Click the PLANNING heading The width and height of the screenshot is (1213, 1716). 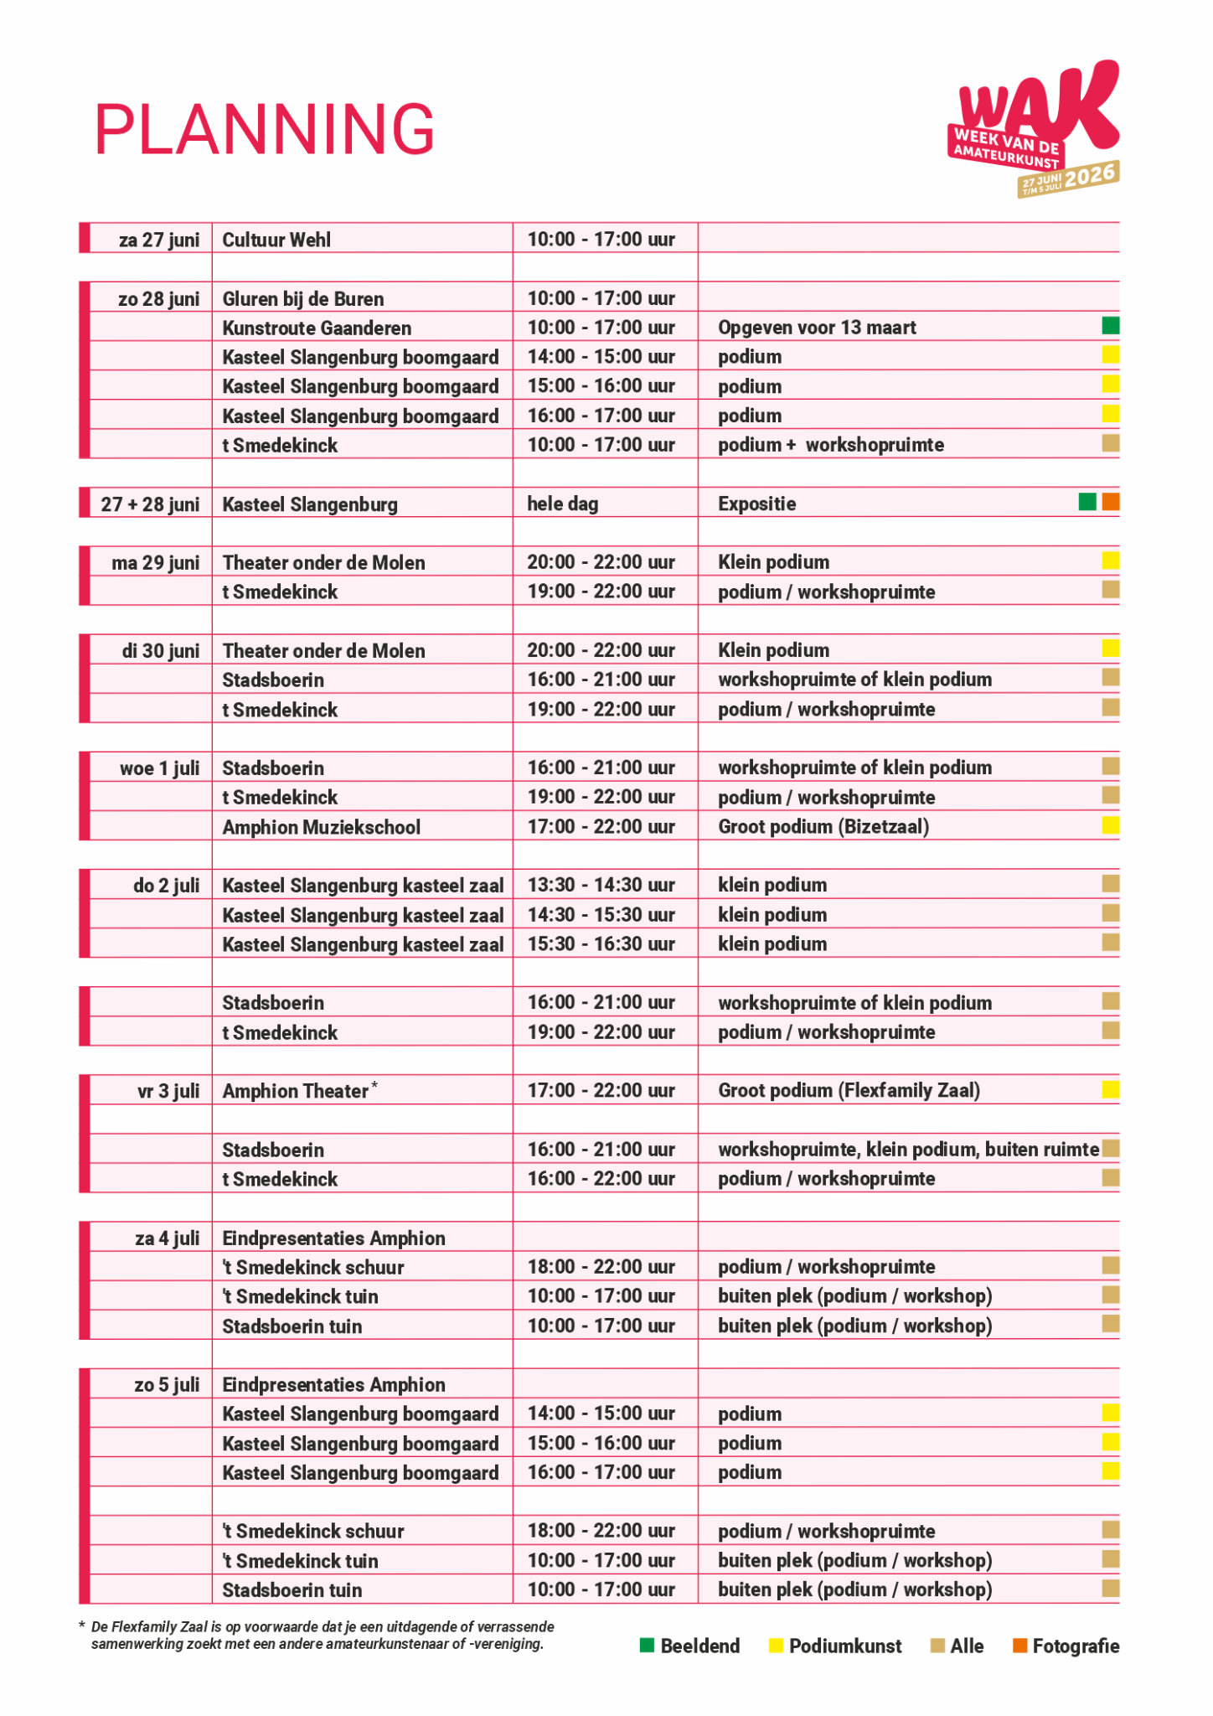pos(265,129)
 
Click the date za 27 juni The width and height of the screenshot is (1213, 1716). pos(159,240)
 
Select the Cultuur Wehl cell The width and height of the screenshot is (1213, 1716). pos(276,240)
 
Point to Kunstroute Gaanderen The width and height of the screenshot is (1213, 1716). pos(317,328)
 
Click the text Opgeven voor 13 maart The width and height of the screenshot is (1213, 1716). pos(817,328)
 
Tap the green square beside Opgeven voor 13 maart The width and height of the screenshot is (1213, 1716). pos(1110,326)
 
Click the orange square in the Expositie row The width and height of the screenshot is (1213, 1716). pos(1111,502)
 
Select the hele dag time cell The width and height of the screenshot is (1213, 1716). pos(562,504)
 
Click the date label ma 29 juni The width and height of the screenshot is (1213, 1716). pos(156,562)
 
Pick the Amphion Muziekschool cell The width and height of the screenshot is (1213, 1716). pos(321,827)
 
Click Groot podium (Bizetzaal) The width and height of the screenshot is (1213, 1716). pos(823,827)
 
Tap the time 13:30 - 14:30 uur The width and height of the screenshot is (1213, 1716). pos(601,885)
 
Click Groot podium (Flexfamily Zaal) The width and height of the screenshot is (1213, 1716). pos(849,1090)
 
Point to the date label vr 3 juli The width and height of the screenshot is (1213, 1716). pos(168,1091)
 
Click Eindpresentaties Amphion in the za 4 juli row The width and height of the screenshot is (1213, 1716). pos(333,1238)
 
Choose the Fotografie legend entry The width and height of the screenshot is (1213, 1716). pos(1066,1646)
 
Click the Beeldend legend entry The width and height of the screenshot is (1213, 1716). pos(690,1646)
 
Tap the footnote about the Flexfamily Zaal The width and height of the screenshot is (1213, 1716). pos(318,1635)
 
